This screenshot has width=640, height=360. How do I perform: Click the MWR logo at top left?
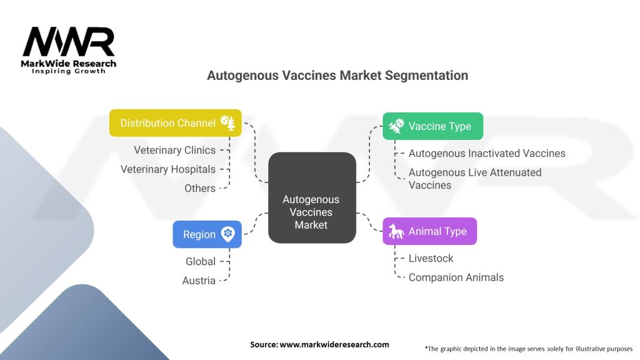coord(69,44)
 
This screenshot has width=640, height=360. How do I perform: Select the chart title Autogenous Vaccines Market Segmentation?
coord(337,76)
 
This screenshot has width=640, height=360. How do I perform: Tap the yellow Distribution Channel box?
coord(176,123)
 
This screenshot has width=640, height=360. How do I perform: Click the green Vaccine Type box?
coord(432,126)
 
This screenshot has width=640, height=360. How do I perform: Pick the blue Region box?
coord(207,234)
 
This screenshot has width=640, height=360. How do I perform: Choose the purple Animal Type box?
coord(429,231)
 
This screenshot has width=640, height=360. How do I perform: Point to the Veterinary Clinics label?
coord(174,150)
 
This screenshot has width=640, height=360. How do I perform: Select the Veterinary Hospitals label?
coord(167,169)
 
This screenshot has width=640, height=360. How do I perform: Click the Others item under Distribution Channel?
coord(200,188)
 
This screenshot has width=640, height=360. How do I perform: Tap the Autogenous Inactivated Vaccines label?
coord(487,153)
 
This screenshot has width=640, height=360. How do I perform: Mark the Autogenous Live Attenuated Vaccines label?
coord(475,178)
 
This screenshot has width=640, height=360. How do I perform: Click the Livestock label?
coord(431,258)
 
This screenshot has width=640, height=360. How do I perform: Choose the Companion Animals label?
coord(456,277)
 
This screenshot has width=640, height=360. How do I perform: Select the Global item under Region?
coord(201,261)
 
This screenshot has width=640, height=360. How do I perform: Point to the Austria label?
coord(199,281)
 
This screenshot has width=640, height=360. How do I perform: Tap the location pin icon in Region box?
coord(227,234)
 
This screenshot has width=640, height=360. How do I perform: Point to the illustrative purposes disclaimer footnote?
coord(528,348)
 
